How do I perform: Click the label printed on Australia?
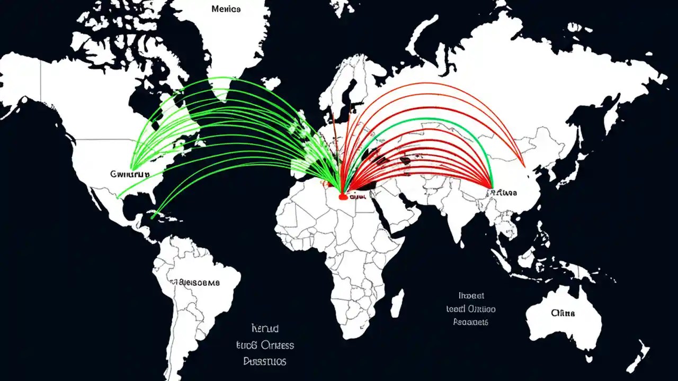point(563,313)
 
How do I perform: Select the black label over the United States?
point(129,174)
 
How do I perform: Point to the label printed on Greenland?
point(226,9)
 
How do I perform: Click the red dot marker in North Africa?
point(343,197)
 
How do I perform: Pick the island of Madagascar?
point(397,303)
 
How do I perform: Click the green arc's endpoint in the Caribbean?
point(153,216)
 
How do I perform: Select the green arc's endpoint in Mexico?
point(119,197)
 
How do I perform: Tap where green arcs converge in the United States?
point(132,168)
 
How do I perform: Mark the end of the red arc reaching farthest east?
point(524,166)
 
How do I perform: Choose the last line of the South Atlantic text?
point(265,361)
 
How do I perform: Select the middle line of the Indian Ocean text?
point(470,309)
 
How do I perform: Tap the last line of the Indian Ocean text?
point(470,322)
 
